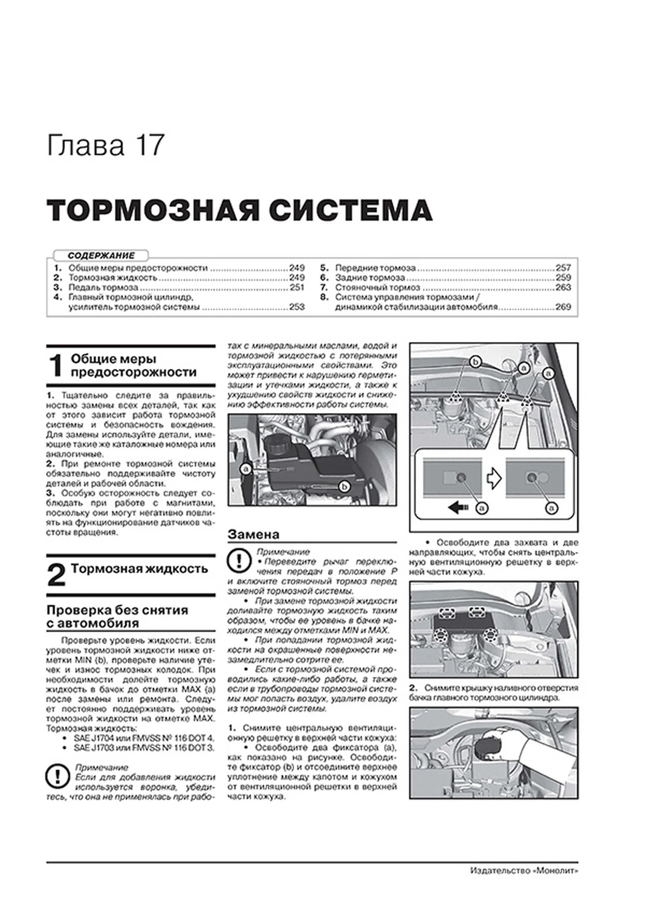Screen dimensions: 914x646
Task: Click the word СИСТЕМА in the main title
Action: (x=351, y=211)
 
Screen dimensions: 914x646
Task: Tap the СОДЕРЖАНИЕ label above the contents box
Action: (x=101, y=255)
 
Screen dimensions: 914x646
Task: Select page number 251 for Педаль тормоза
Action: (x=297, y=287)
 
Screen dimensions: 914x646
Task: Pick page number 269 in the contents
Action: (x=563, y=307)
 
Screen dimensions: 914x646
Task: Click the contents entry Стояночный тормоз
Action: (x=377, y=287)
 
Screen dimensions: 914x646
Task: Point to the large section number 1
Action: (x=56, y=366)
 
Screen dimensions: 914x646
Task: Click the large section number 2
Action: (x=56, y=576)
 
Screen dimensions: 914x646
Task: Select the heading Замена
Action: (x=253, y=535)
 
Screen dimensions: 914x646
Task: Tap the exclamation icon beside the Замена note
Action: (x=239, y=561)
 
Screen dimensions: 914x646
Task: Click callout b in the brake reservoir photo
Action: (x=344, y=486)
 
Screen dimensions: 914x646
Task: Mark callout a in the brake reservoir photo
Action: (x=245, y=468)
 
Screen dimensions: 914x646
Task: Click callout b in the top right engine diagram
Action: (x=476, y=362)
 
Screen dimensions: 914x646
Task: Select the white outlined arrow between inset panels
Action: (x=494, y=478)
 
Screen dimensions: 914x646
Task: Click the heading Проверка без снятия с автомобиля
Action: (x=117, y=617)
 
